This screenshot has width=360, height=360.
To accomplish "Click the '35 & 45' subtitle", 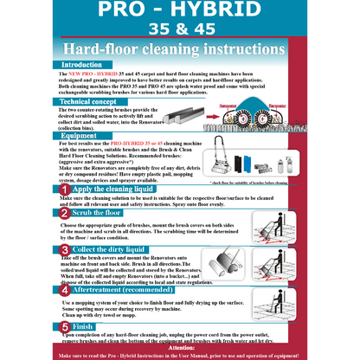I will (x=179, y=30).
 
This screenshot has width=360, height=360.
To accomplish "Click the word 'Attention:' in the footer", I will (x=179, y=346).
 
